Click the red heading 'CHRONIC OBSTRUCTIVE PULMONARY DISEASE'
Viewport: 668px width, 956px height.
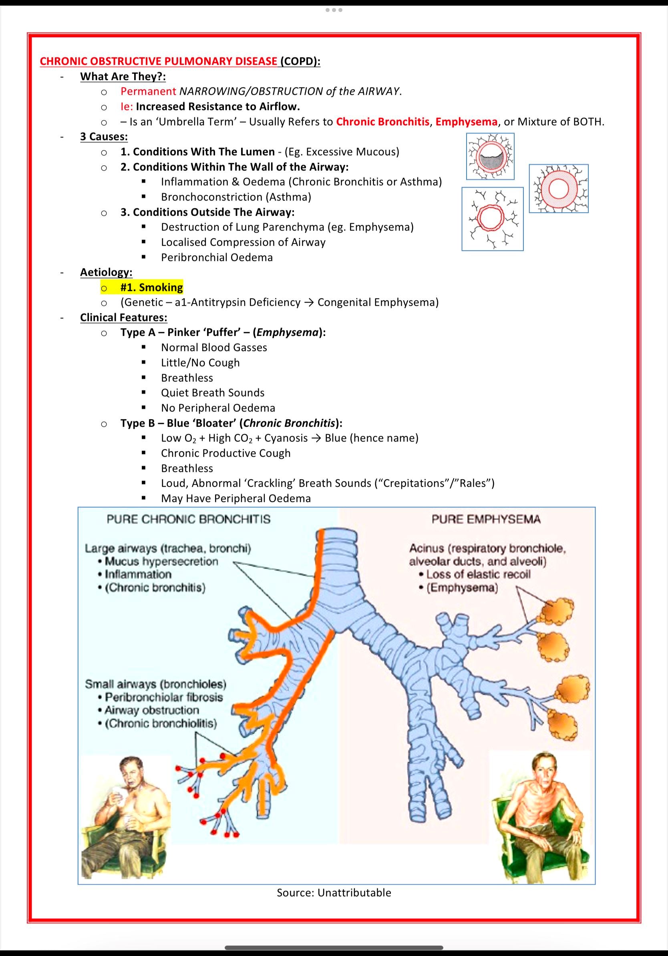(158, 61)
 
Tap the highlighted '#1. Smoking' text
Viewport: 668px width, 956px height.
(152, 287)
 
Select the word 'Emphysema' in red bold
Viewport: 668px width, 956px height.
(467, 122)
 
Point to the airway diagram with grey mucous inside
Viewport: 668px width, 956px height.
(490, 156)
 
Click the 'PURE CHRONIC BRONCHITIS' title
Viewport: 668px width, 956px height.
(189, 519)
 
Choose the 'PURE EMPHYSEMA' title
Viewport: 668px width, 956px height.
(486, 519)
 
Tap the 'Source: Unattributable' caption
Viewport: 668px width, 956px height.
(334, 893)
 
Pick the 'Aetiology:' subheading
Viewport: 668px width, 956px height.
(106, 272)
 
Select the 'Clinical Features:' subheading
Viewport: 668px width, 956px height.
(124, 317)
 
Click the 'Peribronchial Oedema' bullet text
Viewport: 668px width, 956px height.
(217, 257)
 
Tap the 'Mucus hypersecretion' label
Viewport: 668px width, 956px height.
(161, 561)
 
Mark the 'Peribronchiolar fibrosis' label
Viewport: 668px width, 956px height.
(164, 697)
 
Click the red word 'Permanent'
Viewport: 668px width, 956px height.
(148, 91)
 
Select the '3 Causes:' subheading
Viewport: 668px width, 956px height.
(104, 137)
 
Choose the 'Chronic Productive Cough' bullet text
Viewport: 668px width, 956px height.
(226, 453)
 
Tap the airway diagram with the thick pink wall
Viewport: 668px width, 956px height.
(559, 189)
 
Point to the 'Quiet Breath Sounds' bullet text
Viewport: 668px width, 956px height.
(213, 393)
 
